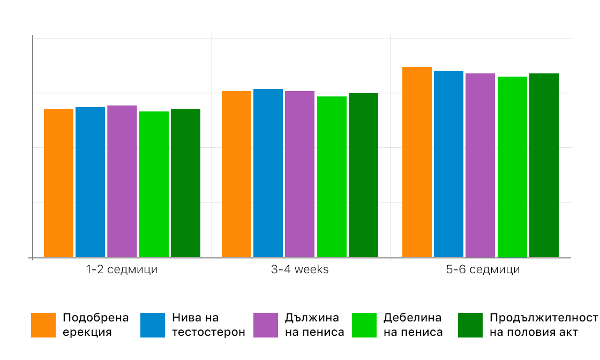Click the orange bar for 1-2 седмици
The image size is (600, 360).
coord(58,183)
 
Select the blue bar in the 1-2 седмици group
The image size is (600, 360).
coord(90,182)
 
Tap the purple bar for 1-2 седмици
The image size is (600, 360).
coord(122,181)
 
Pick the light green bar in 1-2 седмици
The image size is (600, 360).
coord(154,184)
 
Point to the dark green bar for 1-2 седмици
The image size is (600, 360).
coord(185,183)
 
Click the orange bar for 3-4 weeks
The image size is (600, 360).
coord(236,174)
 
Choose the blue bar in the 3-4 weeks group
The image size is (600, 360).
coord(268,173)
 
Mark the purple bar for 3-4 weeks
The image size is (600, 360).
coord(300,174)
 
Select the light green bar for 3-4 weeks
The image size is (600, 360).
coord(332,177)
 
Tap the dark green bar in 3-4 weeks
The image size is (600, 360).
coord(363,175)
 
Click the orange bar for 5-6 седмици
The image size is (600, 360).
coord(417,162)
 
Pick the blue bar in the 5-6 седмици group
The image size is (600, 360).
coord(448,164)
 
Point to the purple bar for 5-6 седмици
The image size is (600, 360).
coord(480,165)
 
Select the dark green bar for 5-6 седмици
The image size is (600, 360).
coord(544,165)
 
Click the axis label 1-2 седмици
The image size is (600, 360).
coord(122,269)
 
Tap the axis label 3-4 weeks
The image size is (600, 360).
coord(300,269)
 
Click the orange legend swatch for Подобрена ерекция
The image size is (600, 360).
coord(43,325)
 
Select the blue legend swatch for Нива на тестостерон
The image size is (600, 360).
coord(152,325)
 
